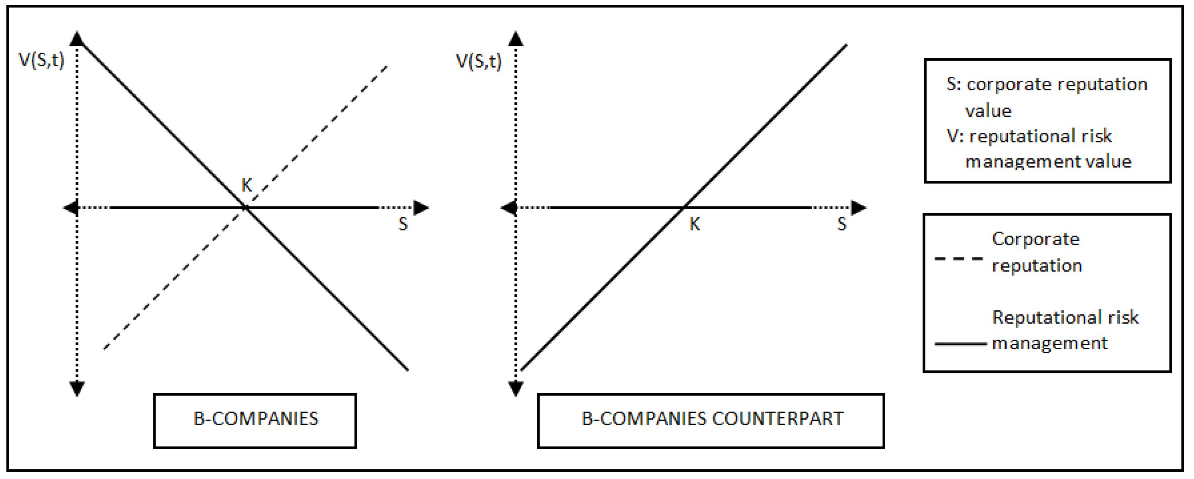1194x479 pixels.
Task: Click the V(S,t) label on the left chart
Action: click(41, 60)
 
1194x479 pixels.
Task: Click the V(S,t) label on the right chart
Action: click(478, 61)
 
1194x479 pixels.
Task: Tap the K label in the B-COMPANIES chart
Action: click(247, 185)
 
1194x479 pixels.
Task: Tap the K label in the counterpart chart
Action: click(694, 224)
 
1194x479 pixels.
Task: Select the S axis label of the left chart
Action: click(403, 224)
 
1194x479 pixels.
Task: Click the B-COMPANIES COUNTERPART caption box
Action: click(711, 420)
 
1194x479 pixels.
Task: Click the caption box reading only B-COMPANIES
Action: click(255, 420)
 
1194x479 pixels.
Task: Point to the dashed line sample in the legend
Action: click(958, 258)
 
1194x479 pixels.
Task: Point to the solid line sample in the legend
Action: click(960, 344)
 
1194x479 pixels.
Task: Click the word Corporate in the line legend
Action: click(1035, 239)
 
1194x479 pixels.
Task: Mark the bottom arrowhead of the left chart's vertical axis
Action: click(77, 389)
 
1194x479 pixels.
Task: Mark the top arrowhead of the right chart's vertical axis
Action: click(515, 39)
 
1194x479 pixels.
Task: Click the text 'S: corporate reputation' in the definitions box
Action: click(1047, 84)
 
